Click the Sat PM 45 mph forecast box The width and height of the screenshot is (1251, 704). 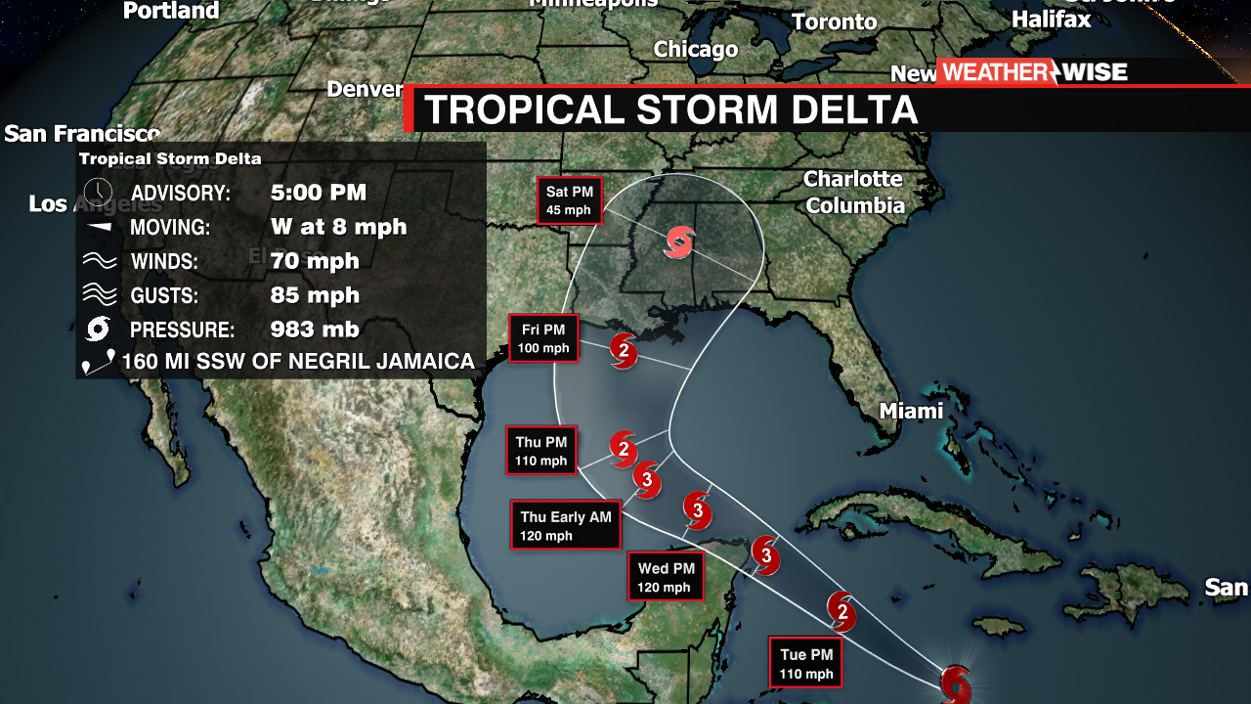click(571, 200)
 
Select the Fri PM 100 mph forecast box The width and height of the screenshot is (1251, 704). click(543, 338)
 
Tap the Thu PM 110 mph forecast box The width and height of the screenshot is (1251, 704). click(541, 451)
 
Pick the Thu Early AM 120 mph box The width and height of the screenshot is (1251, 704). click(566, 525)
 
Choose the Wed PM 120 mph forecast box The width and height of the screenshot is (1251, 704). click(666, 577)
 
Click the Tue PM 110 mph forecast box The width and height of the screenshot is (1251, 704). click(806, 663)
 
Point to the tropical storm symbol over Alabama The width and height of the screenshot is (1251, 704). click(679, 242)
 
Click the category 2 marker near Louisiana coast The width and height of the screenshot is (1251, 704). click(624, 351)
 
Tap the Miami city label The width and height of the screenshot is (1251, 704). click(911, 411)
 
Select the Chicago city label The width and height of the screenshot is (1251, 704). click(695, 49)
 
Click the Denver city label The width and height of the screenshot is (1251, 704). click(365, 89)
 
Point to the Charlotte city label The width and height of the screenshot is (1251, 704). click(852, 179)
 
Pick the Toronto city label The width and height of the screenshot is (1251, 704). click(834, 22)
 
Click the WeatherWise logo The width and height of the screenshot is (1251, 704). click(1034, 71)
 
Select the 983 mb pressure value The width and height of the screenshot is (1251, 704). click(315, 330)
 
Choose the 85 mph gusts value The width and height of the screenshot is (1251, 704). click(315, 295)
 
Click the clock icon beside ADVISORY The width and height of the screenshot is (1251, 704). click(98, 192)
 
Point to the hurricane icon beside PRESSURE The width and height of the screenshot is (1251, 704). click(98, 329)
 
